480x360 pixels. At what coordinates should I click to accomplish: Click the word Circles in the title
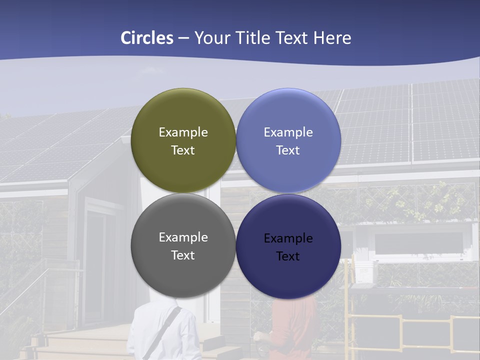(x=147, y=38)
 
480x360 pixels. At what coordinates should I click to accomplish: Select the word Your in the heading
(x=211, y=38)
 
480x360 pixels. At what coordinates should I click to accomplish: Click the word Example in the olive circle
(x=183, y=132)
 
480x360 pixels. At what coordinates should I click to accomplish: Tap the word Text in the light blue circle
(x=288, y=150)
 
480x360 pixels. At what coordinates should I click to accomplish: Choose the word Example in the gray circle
(x=183, y=237)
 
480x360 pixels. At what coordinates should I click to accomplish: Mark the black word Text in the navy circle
(x=288, y=256)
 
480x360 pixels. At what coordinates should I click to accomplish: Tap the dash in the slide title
(x=183, y=38)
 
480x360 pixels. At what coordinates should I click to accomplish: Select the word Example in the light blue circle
(x=288, y=132)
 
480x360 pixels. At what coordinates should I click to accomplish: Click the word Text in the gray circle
(x=183, y=255)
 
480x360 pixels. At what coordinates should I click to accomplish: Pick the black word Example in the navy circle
(x=288, y=238)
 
